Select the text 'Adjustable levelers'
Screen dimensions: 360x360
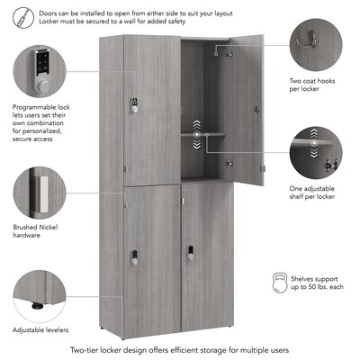tap(40, 331)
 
